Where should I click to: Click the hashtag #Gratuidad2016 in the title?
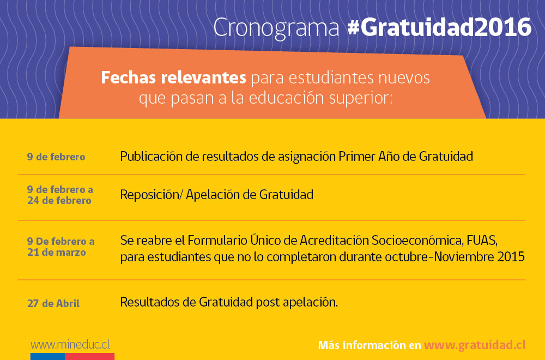click(439, 27)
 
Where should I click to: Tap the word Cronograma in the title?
click(276, 28)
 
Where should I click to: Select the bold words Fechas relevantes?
click(173, 77)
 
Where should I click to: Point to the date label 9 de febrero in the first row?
click(56, 157)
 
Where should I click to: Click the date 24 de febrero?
click(59, 200)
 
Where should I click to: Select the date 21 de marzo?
click(56, 252)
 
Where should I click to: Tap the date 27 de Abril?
click(53, 303)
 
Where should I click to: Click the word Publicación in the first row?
click(151, 157)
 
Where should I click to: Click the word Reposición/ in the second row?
click(151, 195)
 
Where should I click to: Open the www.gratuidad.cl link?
click(475, 345)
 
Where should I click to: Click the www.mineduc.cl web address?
click(70, 345)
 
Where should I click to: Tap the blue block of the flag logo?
click(47, 357)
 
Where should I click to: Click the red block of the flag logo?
click(90, 357)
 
